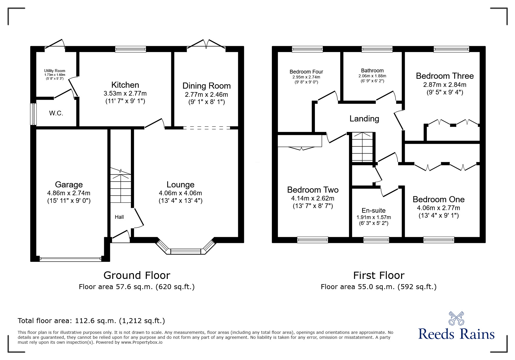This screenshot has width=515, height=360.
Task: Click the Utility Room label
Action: pyautogui.click(x=55, y=71)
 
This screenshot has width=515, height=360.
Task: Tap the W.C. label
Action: pyautogui.click(x=56, y=113)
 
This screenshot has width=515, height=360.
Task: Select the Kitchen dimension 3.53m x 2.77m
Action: pyautogui.click(x=125, y=94)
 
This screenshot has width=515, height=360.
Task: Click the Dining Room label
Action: pyautogui.click(x=206, y=86)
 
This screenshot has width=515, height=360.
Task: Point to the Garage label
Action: pyautogui.click(x=69, y=185)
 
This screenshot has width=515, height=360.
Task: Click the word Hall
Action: pyautogui.click(x=119, y=217)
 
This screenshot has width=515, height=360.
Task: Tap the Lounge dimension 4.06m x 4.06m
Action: pyautogui.click(x=180, y=193)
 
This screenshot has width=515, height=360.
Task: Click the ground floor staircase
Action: pyautogui.click(x=120, y=187)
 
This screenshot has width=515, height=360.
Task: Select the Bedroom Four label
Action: pyautogui.click(x=306, y=72)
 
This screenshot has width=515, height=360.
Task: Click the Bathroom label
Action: pyautogui.click(x=372, y=71)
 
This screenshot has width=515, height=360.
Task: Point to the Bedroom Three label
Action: pyautogui.click(x=445, y=76)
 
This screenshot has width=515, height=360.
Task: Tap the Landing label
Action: pyautogui.click(x=364, y=119)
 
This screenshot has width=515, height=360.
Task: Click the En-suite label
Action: pyautogui.click(x=373, y=210)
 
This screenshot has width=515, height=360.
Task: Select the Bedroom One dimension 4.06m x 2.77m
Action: pyautogui.click(x=439, y=208)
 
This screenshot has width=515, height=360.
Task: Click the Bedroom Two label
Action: pyautogui.click(x=313, y=190)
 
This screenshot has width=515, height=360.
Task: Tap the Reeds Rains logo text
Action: pyautogui.click(x=456, y=334)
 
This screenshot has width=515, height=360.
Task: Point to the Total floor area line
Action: pyautogui.click(x=91, y=321)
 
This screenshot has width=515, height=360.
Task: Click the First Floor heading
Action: pyautogui.click(x=379, y=275)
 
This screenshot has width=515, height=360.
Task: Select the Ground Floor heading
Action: pyautogui.click(x=137, y=275)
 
